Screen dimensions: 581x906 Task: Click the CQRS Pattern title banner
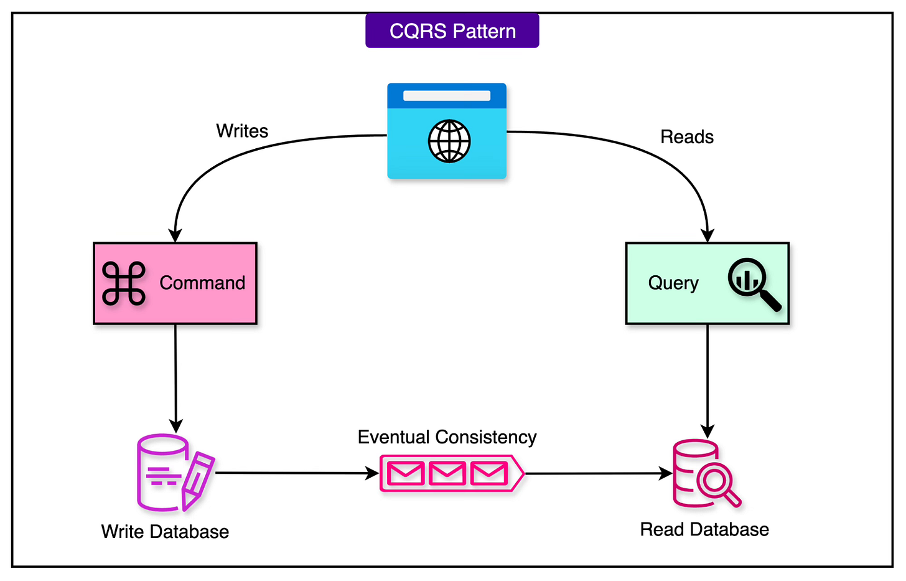coord(452,31)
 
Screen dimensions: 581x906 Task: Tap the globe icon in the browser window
coord(449,141)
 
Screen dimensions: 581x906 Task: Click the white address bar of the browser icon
coord(447,96)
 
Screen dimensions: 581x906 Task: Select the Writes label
coord(242,131)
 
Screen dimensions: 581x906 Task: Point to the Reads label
coord(687,137)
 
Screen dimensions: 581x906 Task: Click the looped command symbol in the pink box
coord(124,283)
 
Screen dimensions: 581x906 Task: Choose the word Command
coord(202,283)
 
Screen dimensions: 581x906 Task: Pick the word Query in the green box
coord(673,283)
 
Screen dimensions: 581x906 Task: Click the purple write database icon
coord(163,472)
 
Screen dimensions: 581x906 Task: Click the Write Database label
coord(165,532)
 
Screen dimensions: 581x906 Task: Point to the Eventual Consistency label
coord(447,437)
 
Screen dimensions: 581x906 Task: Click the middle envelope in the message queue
coord(447,474)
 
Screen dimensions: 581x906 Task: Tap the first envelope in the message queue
coord(406,474)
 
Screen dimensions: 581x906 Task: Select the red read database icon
coord(703,473)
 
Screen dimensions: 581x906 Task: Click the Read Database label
coord(704,529)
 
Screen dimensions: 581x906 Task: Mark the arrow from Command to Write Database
coord(175,377)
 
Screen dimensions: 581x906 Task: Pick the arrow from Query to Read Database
coord(708,380)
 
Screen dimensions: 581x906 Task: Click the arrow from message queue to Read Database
coord(597,473)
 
